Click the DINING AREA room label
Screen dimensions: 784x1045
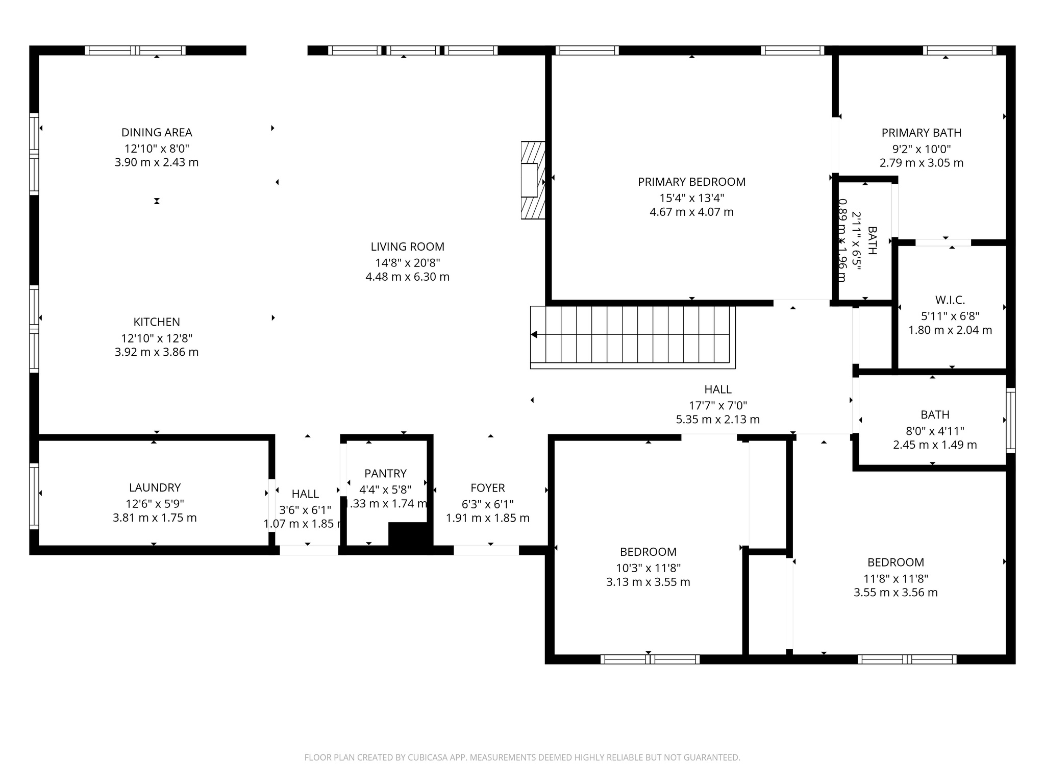(157, 133)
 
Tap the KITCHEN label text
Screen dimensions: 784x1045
(157, 322)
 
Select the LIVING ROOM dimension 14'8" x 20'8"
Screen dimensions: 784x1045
(407, 263)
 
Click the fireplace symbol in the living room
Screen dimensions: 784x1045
(533, 180)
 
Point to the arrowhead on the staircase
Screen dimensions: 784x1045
(534, 335)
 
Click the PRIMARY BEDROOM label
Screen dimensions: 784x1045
(691, 182)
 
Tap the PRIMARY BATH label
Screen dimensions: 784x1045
(921, 133)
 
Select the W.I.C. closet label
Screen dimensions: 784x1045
(950, 300)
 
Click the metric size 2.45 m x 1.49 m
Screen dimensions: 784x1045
(934, 445)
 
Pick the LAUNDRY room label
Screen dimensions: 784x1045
(155, 487)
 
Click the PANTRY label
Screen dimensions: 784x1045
(385, 474)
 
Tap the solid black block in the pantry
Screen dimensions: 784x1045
(408, 534)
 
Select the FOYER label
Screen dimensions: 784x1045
(487, 488)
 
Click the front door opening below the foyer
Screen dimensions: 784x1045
(486, 550)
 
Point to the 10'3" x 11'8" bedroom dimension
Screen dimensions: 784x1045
(648, 568)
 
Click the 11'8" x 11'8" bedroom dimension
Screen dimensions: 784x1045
(895, 578)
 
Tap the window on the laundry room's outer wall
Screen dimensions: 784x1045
(34, 495)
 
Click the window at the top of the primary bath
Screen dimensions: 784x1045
(959, 51)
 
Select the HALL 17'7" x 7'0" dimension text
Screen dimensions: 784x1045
(717, 406)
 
